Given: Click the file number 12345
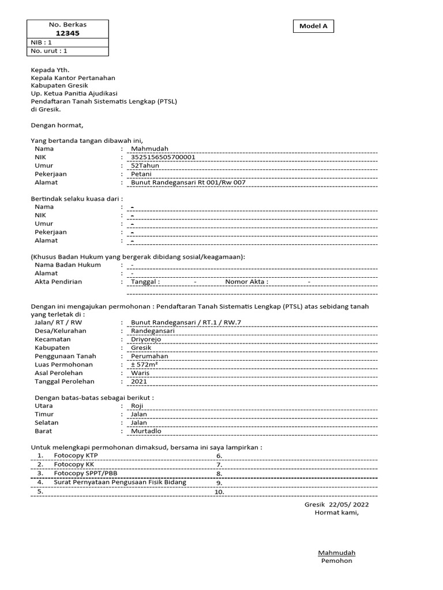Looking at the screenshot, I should (68, 33).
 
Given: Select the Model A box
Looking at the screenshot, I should (313, 26).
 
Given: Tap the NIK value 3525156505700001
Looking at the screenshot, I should (163, 157).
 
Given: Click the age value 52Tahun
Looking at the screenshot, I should (145, 165).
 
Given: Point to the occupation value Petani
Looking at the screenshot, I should (141, 173).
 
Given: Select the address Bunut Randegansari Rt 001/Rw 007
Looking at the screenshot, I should (189, 182).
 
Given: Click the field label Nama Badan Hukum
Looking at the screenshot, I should (67, 265).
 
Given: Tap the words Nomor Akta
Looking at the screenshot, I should (246, 282).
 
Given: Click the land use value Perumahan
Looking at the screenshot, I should (149, 356).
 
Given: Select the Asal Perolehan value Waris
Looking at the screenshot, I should (141, 373).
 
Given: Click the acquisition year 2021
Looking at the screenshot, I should (140, 381).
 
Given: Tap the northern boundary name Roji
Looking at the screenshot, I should (137, 406).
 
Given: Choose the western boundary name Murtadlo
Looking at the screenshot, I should (147, 431).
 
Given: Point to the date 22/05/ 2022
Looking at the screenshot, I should (348, 504).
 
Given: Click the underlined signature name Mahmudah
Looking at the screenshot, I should (337, 553).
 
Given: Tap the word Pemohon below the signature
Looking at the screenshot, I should (336, 561).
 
